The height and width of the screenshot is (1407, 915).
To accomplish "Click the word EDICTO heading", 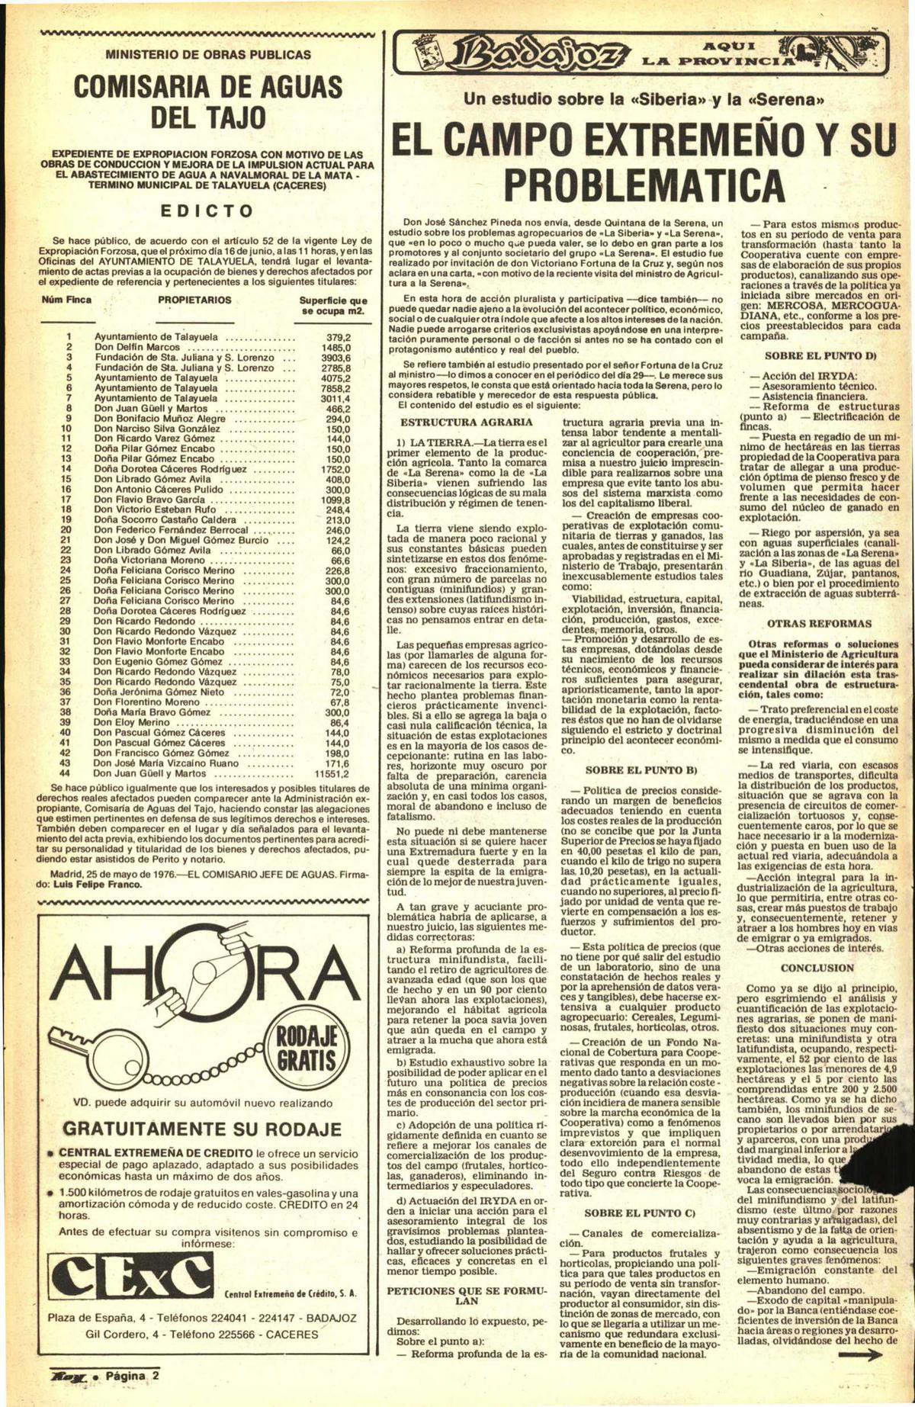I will tap(207, 210).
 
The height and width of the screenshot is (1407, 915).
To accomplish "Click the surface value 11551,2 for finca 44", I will tap(329, 773).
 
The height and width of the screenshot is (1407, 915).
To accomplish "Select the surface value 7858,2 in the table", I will tap(334, 387).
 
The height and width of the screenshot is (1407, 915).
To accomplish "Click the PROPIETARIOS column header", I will tap(194, 300).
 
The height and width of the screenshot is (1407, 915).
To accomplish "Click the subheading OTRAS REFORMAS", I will tap(818, 623).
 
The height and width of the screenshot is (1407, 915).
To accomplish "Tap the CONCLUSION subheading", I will tap(817, 968).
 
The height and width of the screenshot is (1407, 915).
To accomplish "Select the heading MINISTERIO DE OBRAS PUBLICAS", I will tap(208, 55).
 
